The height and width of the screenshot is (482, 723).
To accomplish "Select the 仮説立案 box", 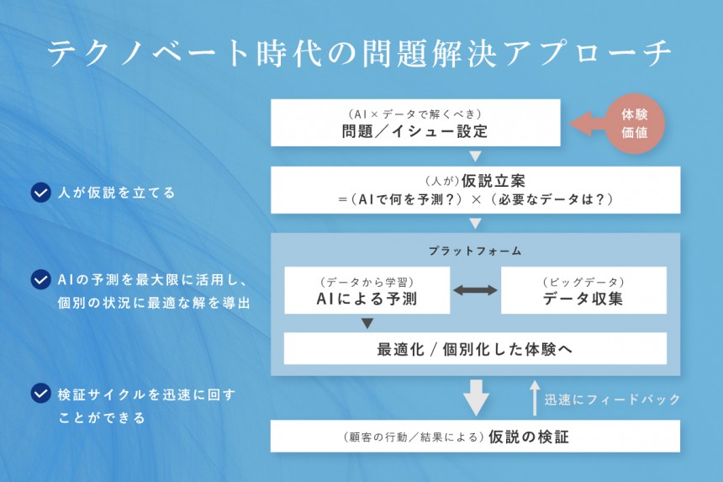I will pyautogui.click(x=475, y=189).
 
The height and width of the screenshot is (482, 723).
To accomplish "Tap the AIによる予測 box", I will pyautogui.click(x=367, y=290).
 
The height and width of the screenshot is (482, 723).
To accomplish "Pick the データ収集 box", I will pyautogui.click(x=583, y=290).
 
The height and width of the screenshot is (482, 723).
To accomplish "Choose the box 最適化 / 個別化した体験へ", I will pyautogui.click(x=475, y=348).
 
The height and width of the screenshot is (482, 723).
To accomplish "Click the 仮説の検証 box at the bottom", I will pyautogui.click(x=475, y=437).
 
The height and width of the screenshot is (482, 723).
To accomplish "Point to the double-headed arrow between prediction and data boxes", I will pyautogui.click(x=475, y=290).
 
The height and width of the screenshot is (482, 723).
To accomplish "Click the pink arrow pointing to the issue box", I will pyautogui.click(x=588, y=124).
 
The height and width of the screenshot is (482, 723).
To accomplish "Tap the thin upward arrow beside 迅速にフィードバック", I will pyautogui.click(x=533, y=398).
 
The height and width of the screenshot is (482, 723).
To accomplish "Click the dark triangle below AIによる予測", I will pyautogui.click(x=367, y=323).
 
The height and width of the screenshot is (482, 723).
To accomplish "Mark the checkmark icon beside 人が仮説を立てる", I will pyautogui.click(x=40, y=193).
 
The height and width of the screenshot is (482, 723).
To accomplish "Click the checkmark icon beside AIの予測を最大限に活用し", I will pyautogui.click(x=40, y=279).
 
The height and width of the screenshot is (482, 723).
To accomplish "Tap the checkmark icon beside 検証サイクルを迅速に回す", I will pyautogui.click(x=40, y=394).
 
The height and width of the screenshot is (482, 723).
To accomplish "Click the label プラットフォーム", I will pyautogui.click(x=475, y=251).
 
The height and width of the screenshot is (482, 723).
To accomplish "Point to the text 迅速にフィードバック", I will pyautogui.click(x=611, y=399).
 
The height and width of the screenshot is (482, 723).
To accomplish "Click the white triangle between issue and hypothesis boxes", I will pyautogui.click(x=475, y=156).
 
